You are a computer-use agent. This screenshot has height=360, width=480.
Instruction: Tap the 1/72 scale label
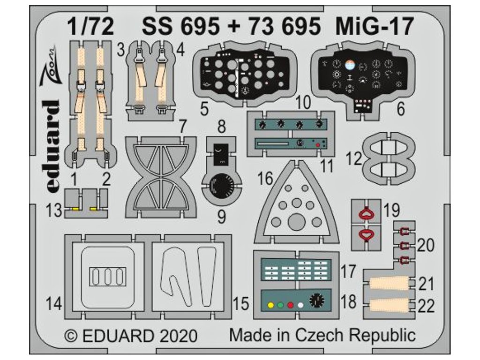coord(90,27)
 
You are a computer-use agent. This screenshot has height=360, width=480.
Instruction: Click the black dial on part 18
coord(317,299)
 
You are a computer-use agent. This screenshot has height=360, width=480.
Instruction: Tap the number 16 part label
coord(265,178)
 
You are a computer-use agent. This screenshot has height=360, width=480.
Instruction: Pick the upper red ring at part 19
coord(367,215)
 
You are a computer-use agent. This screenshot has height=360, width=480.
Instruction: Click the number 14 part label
coord(55,304)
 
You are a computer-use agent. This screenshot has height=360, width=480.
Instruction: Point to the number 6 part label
coord(400,109)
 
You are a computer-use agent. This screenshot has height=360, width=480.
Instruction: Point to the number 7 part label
coord(183,126)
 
